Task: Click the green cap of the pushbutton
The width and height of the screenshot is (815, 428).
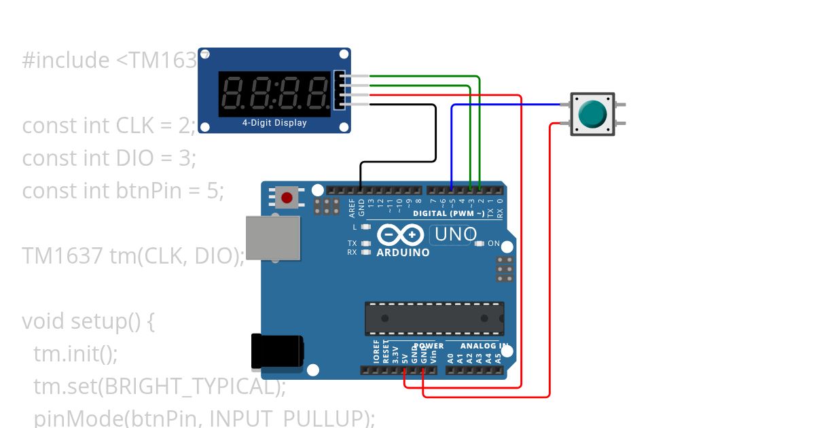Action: [592, 114]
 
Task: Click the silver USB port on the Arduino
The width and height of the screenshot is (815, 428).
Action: [272, 238]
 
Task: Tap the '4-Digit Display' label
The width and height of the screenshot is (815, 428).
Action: [274, 123]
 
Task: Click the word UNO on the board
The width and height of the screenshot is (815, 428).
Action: [456, 234]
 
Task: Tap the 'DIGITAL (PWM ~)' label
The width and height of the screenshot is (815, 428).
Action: [449, 213]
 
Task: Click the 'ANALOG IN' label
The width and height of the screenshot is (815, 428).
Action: [484, 346]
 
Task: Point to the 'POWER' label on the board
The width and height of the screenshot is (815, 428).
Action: [429, 346]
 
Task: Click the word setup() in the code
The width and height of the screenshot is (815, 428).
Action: [107, 321]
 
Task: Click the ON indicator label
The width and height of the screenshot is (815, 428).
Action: [494, 243]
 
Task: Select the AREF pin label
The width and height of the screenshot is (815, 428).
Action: [352, 207]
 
